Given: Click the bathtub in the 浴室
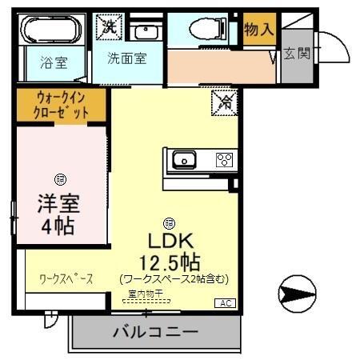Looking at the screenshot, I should [x=53, y=31].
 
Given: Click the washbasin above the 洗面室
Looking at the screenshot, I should [x=145, y=32].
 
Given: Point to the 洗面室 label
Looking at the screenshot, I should [x=127, y=58].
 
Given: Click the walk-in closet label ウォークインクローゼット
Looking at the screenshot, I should [x=61, y=105].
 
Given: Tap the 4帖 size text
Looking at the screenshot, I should [x=58, y=226].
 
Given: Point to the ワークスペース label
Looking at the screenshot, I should [x=66, y=279].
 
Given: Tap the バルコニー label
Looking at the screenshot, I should [x=154, y=330].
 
